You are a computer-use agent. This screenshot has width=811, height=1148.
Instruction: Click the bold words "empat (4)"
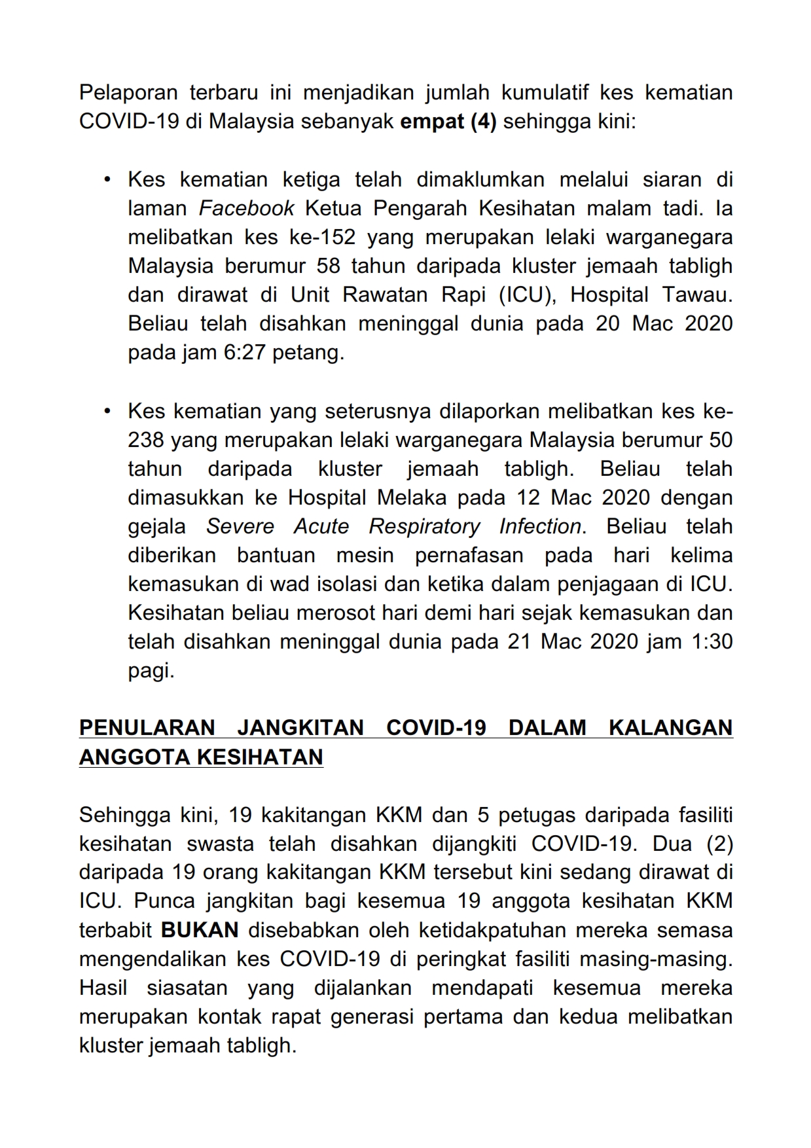coord(448,122)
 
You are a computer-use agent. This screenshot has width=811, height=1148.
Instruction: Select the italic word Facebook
coord(246,208)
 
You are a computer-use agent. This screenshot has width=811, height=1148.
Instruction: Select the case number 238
coord(146,440)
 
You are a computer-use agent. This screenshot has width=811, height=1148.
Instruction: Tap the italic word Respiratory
coord(424,526)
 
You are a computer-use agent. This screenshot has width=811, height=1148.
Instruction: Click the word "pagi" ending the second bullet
coord(151,670)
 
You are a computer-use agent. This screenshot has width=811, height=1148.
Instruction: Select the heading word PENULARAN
coord(147,728)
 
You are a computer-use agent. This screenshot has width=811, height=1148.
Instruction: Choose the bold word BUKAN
coord(200,930)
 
